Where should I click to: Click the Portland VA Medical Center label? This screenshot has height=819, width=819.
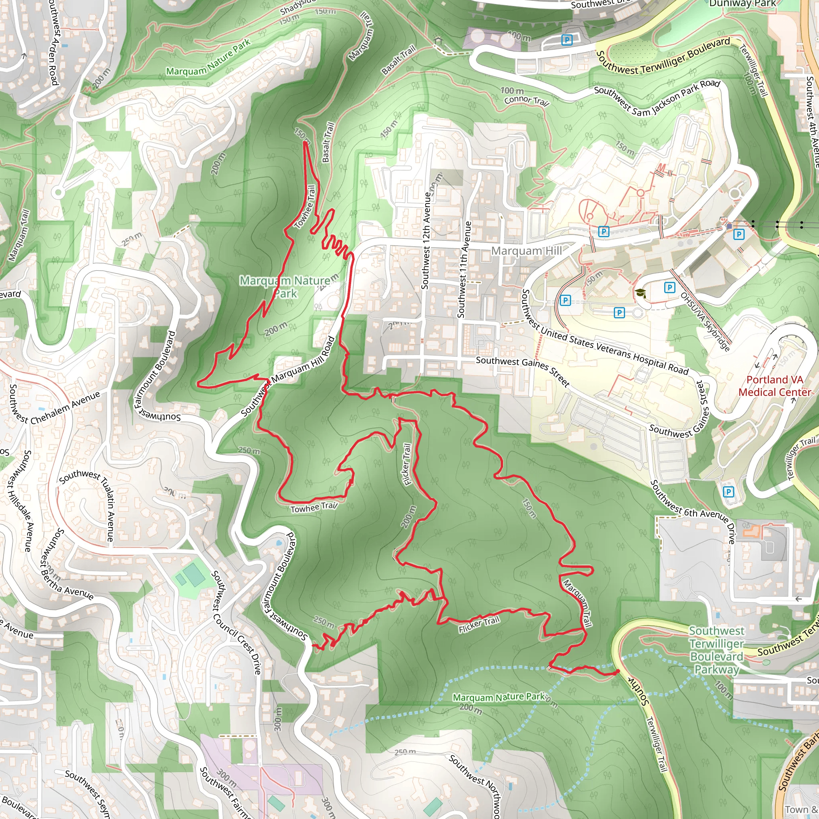(775, 386)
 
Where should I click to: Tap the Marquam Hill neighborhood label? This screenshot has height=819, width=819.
(526, 251)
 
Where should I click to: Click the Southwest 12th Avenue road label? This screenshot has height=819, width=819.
(426, 240)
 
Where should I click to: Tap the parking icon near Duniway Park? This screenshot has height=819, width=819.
(566, 40)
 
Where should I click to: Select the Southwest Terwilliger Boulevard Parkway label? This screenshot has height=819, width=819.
(716, 650)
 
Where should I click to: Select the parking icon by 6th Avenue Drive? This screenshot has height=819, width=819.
(728, 492)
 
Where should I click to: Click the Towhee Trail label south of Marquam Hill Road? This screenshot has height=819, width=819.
(314, 507)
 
